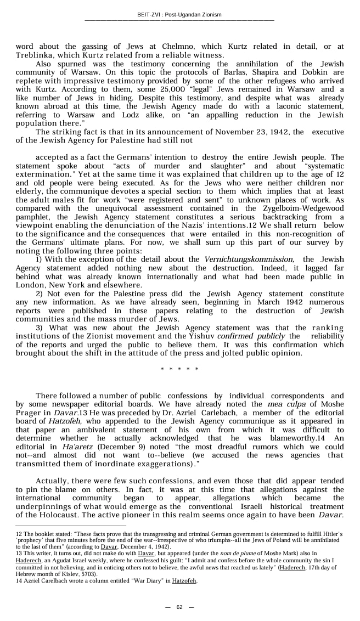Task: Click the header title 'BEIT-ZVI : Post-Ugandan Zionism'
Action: click(179, 15)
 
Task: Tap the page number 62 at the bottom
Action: click(179, 607)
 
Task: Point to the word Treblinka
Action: click(35, 55)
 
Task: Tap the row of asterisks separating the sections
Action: click(179, 369)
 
